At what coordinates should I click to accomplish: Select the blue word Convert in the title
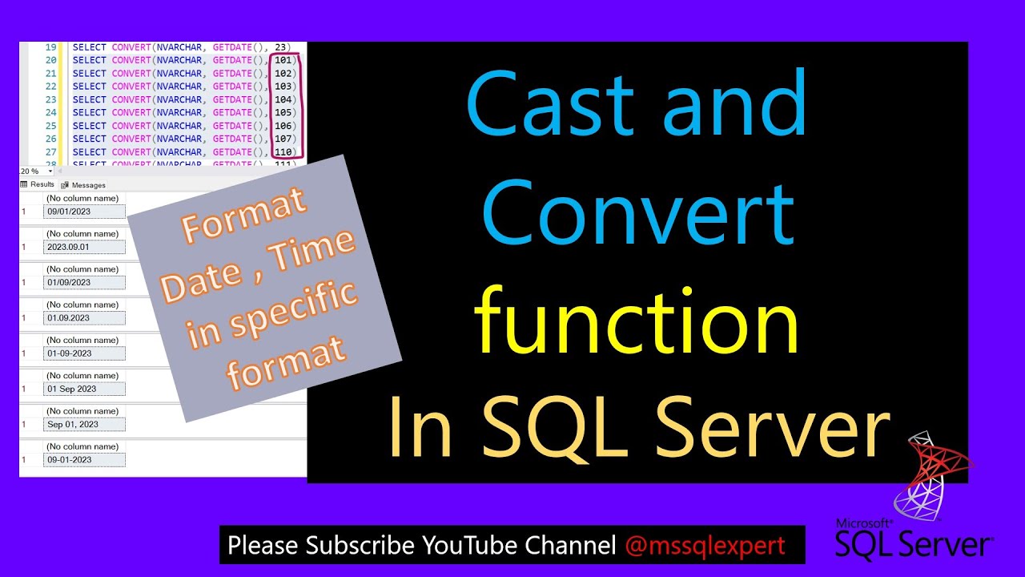coord(638,210)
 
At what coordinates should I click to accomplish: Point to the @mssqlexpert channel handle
coord(705,546)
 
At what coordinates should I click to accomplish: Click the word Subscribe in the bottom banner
coord(360,546)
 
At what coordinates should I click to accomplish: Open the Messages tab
coord(88,185)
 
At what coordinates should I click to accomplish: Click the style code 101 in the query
coord(283,60)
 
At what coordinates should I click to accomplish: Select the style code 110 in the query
coord(283,152)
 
